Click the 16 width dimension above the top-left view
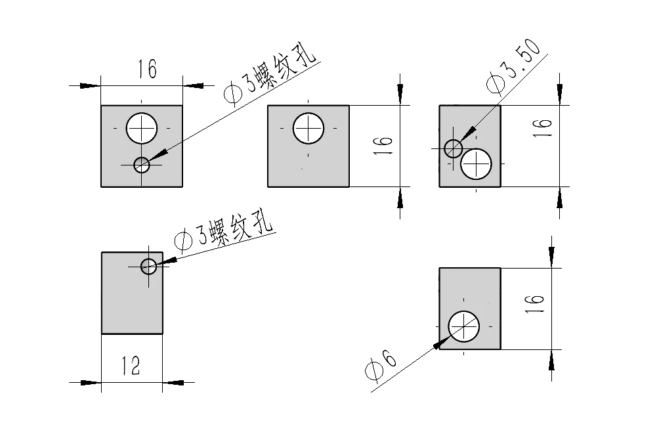147,69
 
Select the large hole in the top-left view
142,128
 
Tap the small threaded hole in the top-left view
142,164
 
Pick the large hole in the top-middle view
308,128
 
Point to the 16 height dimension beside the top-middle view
386,145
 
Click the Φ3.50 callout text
513,68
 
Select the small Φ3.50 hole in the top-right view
453,148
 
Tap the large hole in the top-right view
477,163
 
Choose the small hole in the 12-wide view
149,266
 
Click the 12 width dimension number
131,365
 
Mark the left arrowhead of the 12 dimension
92,381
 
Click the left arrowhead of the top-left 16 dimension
91,85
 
